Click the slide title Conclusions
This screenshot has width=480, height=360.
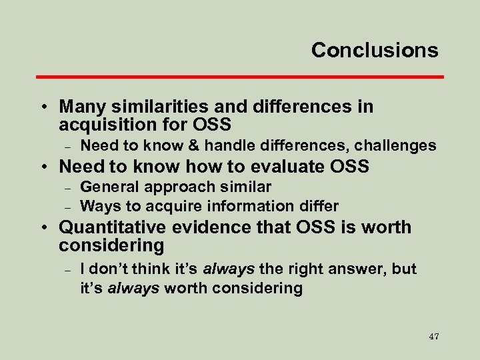375,50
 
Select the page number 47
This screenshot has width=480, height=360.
433,336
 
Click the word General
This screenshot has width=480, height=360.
108,187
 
